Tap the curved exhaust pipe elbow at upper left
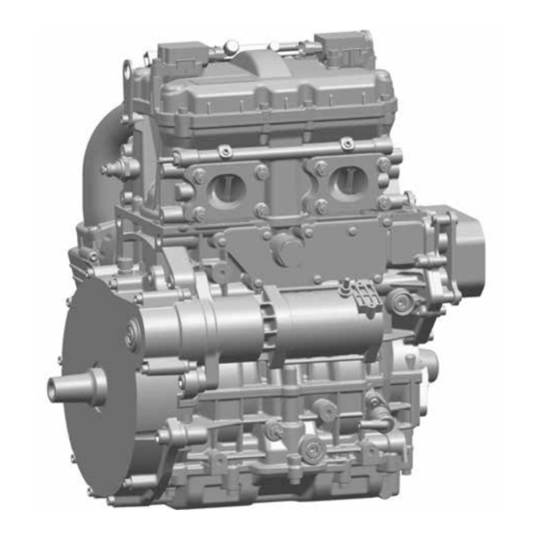106,144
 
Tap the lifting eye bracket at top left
128,69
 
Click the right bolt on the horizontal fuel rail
346,144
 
